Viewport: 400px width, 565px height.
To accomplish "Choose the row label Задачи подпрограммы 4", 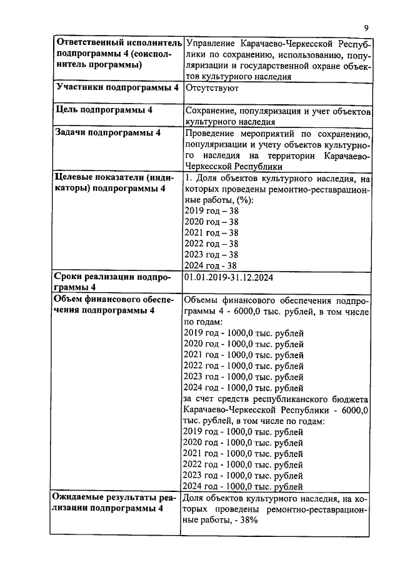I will pyautogui.click(x=108, y=132).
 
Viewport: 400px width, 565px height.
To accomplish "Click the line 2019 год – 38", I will pyautogui.click(x=211, y=210).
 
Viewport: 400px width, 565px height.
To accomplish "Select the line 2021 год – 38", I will pyautogui.click(x=211, y=232).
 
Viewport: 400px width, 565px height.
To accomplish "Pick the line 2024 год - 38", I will pyautogui.click(x=211, y=265).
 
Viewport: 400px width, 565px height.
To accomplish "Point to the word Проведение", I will pyautogui.click(x=213, y=133).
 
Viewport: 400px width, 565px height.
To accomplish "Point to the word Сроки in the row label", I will pyautogui.click(x=69, y=277).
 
